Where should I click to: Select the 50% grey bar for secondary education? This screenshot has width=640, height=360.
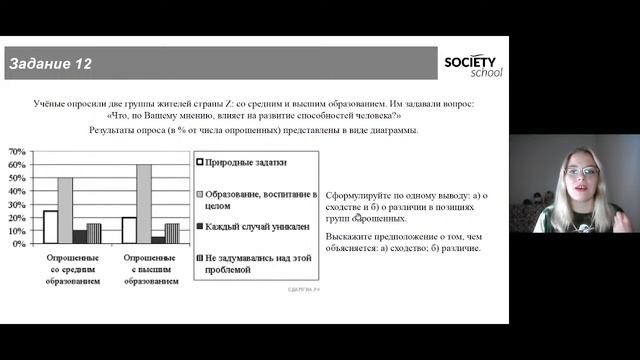point(65,211)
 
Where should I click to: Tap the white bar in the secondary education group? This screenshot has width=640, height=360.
point(50,227)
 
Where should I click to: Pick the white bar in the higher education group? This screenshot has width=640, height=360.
point(128,230)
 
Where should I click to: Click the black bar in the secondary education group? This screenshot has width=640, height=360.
point(79,237)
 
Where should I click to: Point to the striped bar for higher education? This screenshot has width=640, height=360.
point(172,234)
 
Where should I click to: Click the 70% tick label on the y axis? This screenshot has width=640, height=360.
point(17,152)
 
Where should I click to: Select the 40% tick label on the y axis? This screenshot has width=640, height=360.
point(17,191)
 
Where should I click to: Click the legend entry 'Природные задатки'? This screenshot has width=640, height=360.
point(243,161)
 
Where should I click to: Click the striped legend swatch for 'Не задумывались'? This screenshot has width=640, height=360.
point(200,258)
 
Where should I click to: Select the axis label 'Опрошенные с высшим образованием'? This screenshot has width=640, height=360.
point(144,270)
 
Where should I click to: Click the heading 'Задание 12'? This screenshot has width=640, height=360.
point(50,64)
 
